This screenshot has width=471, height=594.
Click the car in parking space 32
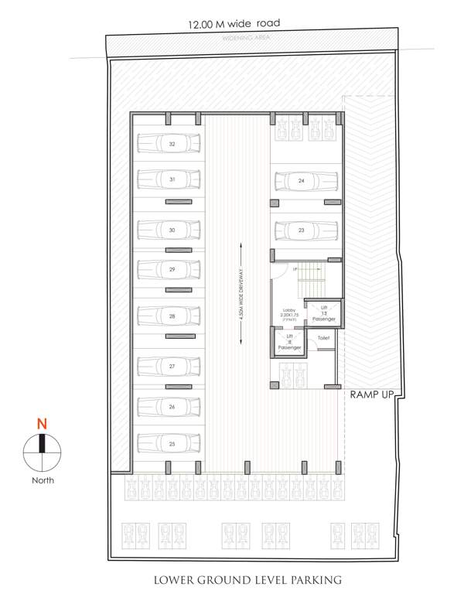pyautogui.click(x=168, y=145)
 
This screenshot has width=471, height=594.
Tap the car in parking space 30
pyautogui.click(x=168, y=230)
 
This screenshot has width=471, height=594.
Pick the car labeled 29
pyautogui.click(x=168, y=269)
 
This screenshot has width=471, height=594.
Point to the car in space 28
pyautogui.click(x=168, y=316)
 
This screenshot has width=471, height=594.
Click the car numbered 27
pyautogui.click(x=168, y=365)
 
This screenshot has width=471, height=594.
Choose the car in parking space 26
pyautogui.click(x=168, y=406)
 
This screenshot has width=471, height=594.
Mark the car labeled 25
pyautogui.click(x=168, y=443)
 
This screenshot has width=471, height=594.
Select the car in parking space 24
pyautogui.click(x=306, y=181)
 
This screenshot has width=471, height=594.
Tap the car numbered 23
pyautogui.click(x=306, y=230)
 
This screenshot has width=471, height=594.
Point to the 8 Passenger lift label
pyautogui.click(x=290, y=343)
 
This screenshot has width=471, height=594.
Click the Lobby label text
pyautogui.click(x=289, y=312)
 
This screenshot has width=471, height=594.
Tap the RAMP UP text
pyautogui.click(x=373, y=394)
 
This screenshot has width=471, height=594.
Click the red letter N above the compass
pyautogui.click(x=43, y=425)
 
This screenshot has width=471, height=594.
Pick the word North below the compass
pyautogui.click(x=43, y=480)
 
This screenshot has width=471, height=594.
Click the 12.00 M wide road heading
pyautogui.click(x=234, y=24)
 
